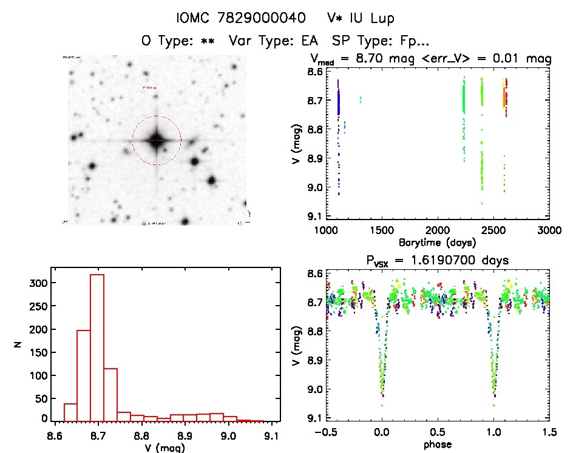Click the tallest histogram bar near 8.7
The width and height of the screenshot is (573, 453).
pyautogui.click(x=97, y=347)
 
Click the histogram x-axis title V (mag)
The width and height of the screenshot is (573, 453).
pyautogui.click(x=166, y=449)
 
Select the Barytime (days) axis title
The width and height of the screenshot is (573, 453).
pyautogui.click(x=437, y=242)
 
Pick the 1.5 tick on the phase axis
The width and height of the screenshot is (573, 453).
pyautogui.click(x=549, y=432)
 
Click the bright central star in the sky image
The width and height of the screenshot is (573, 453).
pyautogui.click(x=156, y=140)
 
